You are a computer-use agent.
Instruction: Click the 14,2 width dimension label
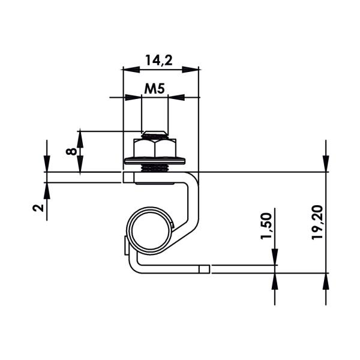click(158, 61)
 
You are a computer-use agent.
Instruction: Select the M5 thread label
click(154, 89)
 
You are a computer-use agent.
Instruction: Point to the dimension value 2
click(38, 208)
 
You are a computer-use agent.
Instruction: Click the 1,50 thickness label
click(266, 226)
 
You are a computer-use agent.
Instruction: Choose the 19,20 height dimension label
click(317, 223)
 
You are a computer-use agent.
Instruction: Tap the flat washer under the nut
click(155, 161)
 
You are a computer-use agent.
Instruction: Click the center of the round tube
click(151, 230)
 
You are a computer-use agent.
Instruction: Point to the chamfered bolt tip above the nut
click(155, 135)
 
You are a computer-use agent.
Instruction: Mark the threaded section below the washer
click(155, 168)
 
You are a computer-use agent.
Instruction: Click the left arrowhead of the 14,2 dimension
click(131, 70)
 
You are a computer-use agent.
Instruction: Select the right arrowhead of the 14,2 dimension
click(190, 70)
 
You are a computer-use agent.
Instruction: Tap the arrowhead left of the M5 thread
click(133, 97)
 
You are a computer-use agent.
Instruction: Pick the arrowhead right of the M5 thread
click(176, 97)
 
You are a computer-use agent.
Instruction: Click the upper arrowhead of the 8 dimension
click(80, 139)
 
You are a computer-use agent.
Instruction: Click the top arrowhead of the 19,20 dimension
click(326, 164)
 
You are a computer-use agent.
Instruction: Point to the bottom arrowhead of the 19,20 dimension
click(326, 281)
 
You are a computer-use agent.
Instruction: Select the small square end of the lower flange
click(204, 269)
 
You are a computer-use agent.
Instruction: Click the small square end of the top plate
click(128, 178)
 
